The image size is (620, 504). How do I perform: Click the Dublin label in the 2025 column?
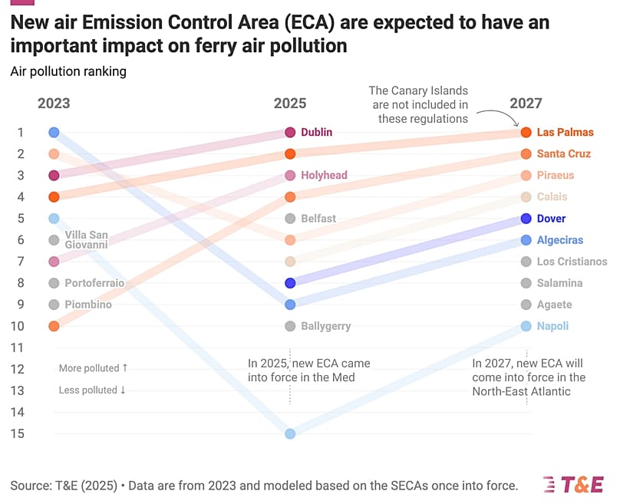point(316,132)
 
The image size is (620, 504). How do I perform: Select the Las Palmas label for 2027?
point(565,132)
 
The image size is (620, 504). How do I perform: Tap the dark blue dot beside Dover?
point(526,219)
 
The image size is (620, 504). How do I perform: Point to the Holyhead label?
point(324,175)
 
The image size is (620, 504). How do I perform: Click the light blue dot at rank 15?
point(290,433)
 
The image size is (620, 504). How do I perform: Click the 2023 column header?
point(54,104)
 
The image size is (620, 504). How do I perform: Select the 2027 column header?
point(526,104)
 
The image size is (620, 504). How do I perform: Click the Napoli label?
point(552,326)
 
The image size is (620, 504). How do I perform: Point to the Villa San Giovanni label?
point(86,240)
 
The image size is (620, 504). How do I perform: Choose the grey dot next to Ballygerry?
point(290,326)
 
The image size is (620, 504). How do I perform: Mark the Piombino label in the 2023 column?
point(88,305)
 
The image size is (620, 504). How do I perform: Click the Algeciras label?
point(560,240)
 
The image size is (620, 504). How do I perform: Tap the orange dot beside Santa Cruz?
point(526,153)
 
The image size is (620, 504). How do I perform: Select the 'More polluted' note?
point(93,368)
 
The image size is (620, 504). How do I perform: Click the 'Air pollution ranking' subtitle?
point(68,71)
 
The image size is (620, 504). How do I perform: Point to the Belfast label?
point(318,219)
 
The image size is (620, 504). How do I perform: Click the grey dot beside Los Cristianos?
point(526,262)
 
